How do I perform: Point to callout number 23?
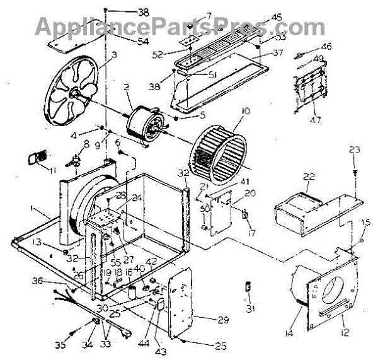tap(355, 149)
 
